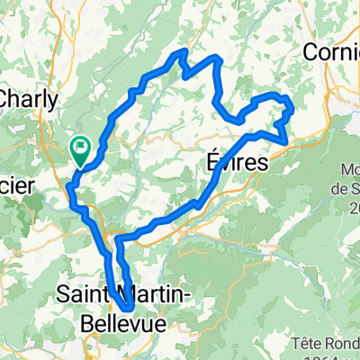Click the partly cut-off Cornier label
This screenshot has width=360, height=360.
pos(332,53)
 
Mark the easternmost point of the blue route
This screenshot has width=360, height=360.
pos(292,112)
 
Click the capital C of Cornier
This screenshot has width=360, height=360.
pos(312,53)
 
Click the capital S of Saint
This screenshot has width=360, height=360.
pos(64,292)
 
